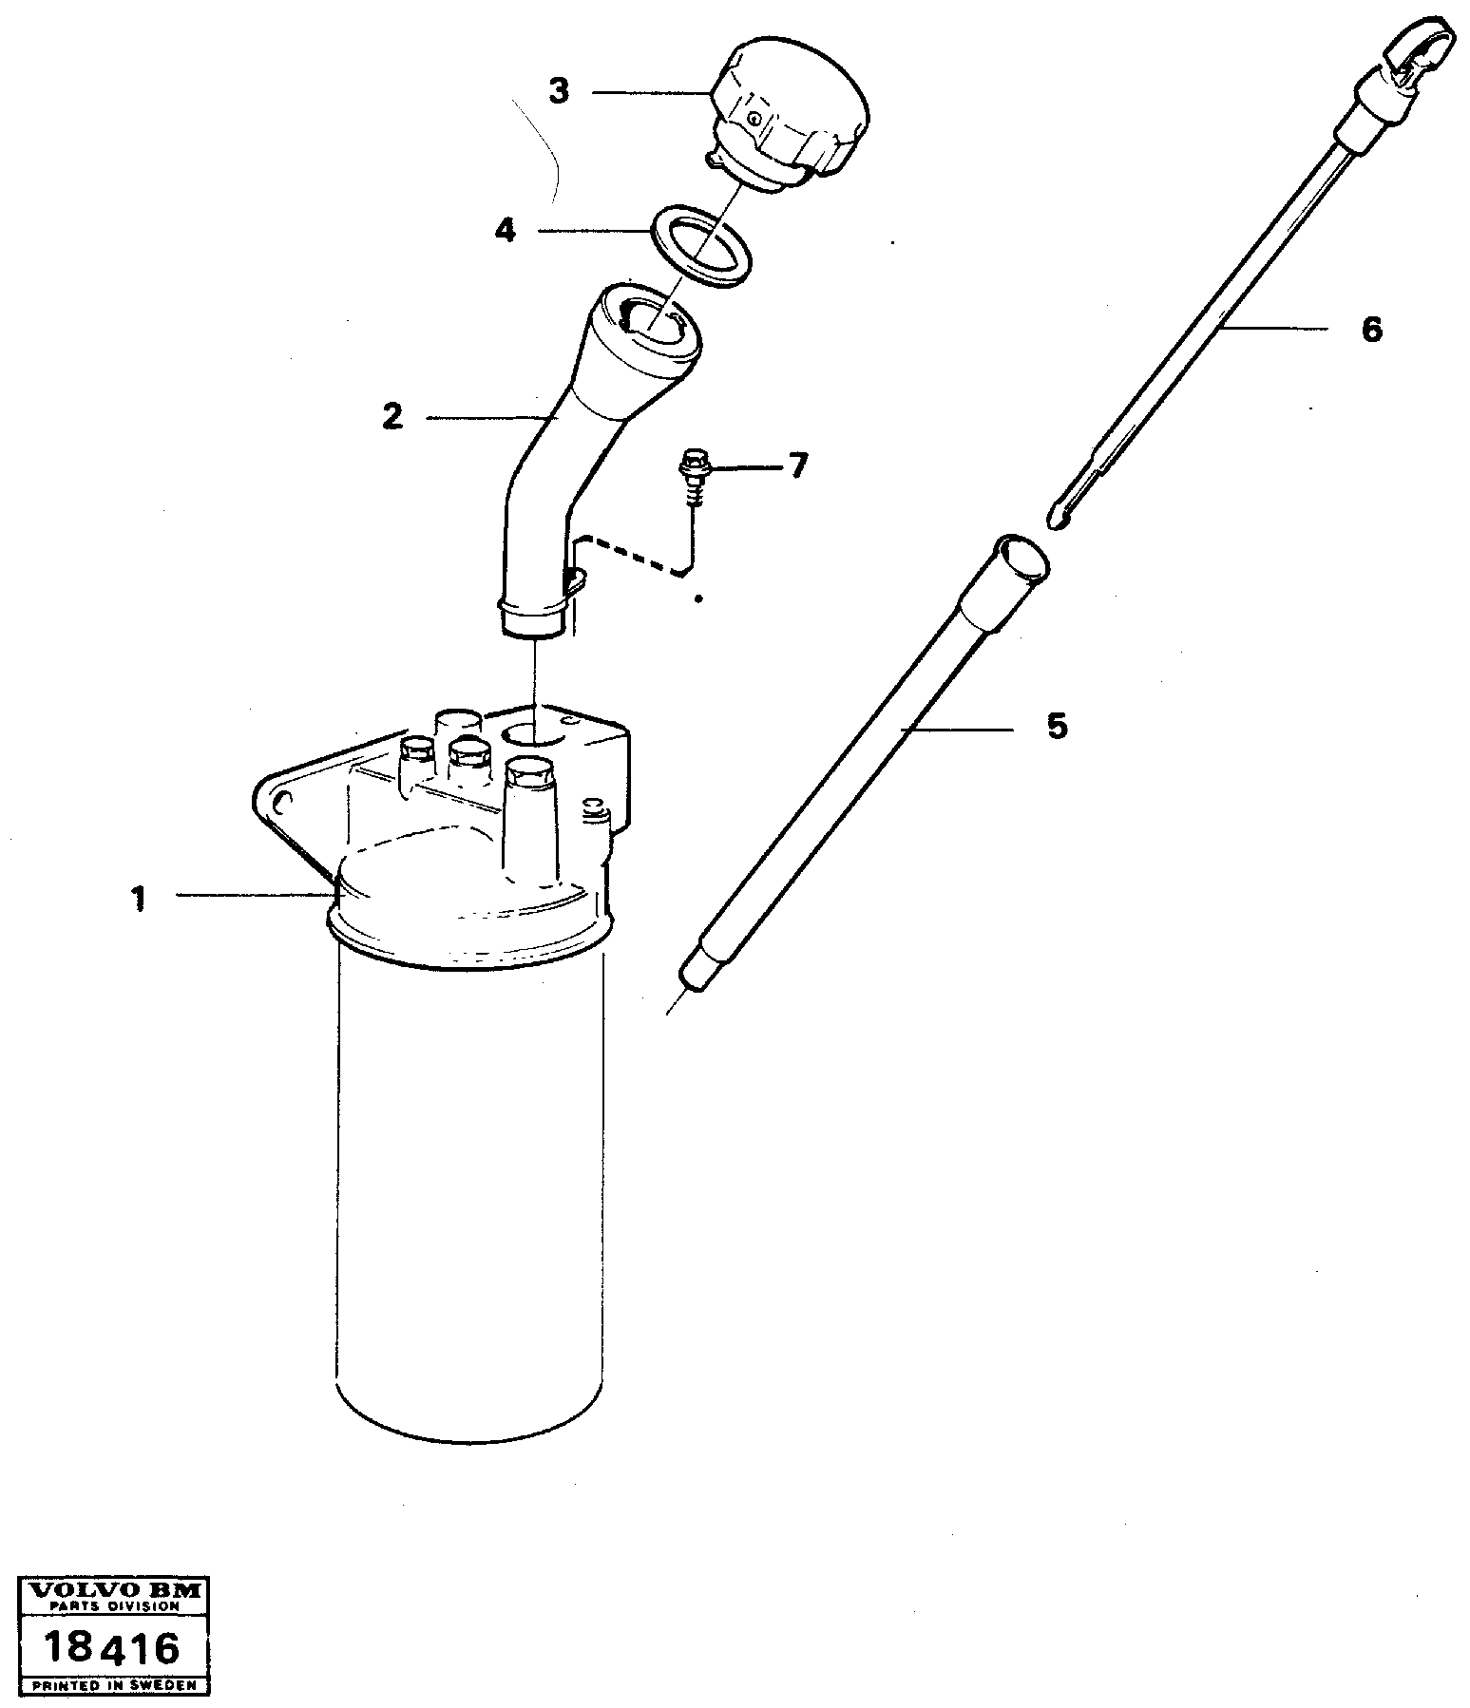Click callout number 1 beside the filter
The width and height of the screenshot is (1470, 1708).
tap(140, 898)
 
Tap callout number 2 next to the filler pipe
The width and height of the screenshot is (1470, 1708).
tap(392, 416)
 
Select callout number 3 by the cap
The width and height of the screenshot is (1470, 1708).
tap(559, 92)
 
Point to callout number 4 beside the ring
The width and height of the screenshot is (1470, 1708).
tap(506, 230)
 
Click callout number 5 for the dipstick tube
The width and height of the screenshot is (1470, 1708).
tap(1057, 727)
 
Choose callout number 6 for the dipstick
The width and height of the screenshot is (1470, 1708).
tap(1371, 330)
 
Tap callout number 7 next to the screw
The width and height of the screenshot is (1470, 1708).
tap(797, 465)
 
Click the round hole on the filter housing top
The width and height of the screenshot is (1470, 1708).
tap(535, 732)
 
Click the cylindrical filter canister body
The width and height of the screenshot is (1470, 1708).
tap(470, 1187)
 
